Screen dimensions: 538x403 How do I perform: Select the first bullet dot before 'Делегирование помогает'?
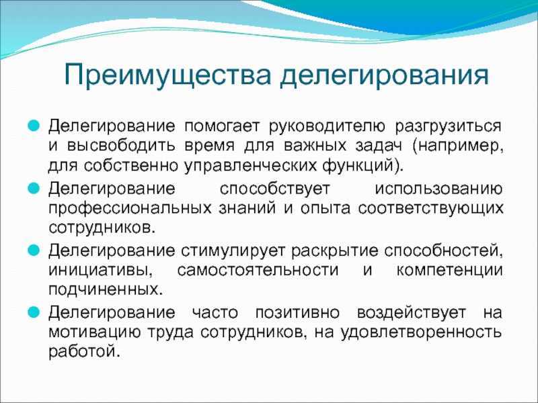34,126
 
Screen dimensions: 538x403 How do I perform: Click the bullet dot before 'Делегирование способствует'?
34,188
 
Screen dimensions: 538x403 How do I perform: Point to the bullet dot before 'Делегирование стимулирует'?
34,250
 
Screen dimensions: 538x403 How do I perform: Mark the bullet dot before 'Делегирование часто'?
34,312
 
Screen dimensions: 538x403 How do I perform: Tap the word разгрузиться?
448,127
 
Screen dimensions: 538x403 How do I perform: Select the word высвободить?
121,146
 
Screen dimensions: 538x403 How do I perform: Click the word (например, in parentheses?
458,146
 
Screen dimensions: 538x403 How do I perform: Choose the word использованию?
438,189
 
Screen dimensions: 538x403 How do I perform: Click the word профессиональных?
130,209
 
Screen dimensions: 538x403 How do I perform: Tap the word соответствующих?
430,209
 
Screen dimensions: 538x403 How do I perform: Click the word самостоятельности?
258,271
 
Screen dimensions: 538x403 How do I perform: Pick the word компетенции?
449,271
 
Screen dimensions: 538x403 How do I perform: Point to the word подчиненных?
106,290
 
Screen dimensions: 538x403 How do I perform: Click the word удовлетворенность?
421,332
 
